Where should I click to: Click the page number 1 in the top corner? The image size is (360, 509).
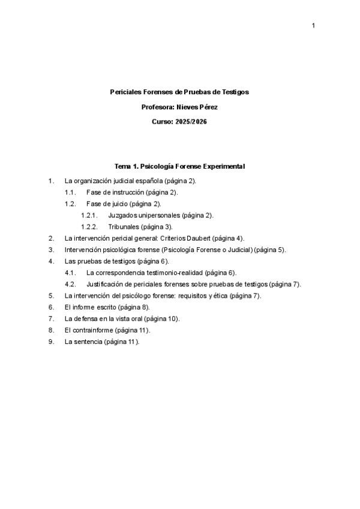[x=313, y=25]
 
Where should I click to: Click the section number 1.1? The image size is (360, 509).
[x=70, y=192]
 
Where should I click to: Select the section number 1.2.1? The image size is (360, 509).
[x=89, y=215]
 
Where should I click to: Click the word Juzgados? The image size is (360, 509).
[x=122, y=215]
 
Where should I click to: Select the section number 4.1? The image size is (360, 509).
[x=70, y=273]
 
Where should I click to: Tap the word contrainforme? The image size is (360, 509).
[x=95, y=330]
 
